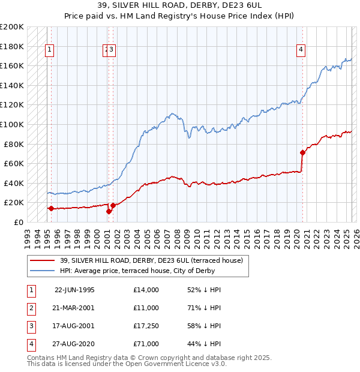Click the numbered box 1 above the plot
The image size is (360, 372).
(x=49, y=50)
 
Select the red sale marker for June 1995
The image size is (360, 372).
(x=51, y=209)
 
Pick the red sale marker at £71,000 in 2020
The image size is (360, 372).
(x=302, y=152)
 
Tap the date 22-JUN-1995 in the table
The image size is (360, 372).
(x=74, y=290)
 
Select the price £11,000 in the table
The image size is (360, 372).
(x=146, y=308)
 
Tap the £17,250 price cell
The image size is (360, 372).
(x=146, y=326)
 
